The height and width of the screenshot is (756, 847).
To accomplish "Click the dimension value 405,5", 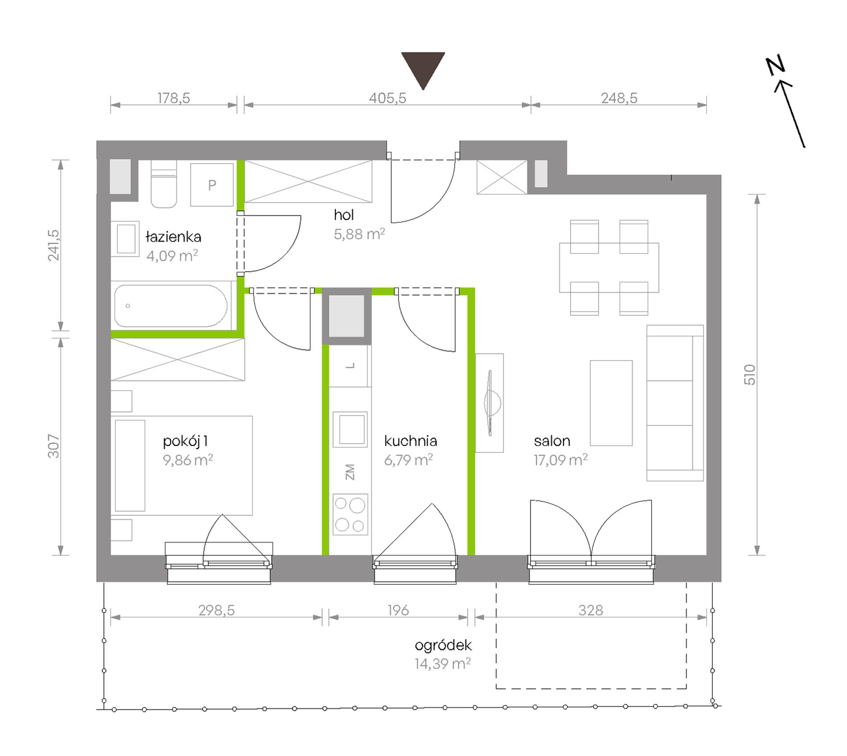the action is pos(387,98).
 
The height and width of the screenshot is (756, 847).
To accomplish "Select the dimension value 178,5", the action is pos(174,98).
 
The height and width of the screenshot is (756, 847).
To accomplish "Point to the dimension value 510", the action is pos(750,374).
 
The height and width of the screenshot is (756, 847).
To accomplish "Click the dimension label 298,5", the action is pos(217,610).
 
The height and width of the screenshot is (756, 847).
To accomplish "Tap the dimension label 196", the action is pos(398,610).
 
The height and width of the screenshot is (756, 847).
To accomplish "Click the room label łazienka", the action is pos(173,237).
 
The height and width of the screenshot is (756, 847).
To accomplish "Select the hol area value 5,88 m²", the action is pos(359,234).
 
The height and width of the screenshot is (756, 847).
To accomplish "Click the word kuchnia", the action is pos(411,441).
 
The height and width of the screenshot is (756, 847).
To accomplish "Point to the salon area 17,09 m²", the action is pos(561,460).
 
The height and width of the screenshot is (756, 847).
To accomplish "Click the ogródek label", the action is pos(443,645).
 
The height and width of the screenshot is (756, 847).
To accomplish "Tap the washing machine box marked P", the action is pos(212,185).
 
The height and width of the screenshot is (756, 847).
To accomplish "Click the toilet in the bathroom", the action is pos(164,184).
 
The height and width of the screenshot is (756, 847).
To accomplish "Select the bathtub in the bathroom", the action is pos(171,306).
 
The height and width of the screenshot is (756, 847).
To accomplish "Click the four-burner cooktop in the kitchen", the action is pos(350,514).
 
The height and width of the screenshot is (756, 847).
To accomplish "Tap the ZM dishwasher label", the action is pos(350,472).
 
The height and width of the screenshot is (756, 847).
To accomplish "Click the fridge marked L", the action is pos(350,366).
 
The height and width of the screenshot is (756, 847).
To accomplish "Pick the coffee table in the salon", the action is pos(611,403).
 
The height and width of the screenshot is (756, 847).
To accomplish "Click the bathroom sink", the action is pos(125,239).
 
